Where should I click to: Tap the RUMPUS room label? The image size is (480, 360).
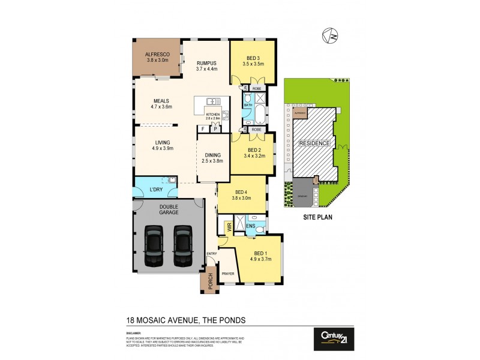point(206,62)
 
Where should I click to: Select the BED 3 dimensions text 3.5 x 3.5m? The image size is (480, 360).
point(253,64)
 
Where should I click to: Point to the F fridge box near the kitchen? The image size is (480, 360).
point(203,128)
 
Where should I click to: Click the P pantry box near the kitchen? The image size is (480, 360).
point(214,128)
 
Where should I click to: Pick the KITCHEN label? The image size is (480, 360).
point(213,114)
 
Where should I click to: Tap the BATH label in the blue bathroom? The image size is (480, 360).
point(248,106)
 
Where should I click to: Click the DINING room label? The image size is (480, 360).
point(213,154)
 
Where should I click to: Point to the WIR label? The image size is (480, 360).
point(228,227)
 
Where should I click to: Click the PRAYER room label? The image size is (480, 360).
point(228,274)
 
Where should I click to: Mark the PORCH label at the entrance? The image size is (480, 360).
point(210,282)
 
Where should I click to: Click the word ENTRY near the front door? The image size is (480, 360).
point(211,254)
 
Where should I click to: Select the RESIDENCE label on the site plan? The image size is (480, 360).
point(314,143)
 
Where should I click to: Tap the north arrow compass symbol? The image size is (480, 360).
point(329,36)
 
